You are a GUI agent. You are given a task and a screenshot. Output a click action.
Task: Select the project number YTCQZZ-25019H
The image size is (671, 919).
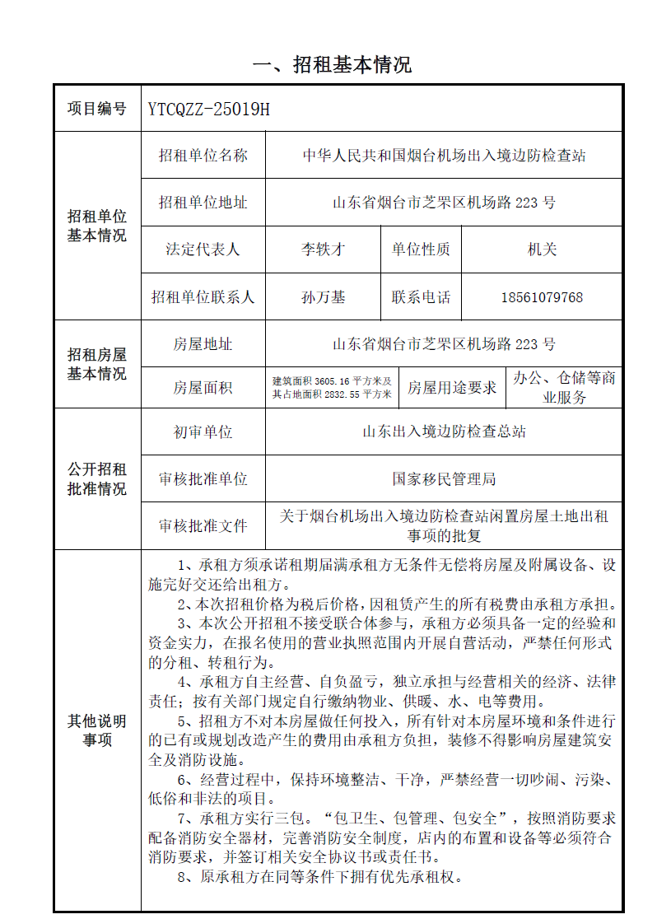[x=209, y=109]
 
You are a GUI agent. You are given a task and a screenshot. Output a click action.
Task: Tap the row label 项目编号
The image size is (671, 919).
[x=97, y=109]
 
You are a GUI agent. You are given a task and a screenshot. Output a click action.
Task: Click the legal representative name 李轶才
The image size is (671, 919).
[x=323, y=250]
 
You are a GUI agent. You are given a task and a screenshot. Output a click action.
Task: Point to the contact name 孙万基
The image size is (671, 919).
[x=323, y=297]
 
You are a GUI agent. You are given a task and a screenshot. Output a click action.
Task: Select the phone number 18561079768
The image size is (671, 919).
[x=541, y=297]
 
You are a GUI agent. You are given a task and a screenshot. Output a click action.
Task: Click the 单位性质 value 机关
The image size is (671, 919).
[x=541, y=250]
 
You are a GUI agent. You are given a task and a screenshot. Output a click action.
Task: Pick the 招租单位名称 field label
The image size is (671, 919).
[x=203, y=156]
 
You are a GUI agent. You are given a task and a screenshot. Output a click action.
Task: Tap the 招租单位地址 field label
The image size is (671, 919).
[x=203, y=203]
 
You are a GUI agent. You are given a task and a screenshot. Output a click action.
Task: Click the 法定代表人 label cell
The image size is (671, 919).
[x=203, y=250]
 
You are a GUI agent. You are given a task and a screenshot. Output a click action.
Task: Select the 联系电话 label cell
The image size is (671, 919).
[x=421, y=297]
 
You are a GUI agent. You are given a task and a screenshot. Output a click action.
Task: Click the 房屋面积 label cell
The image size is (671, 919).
[x=203, y=388]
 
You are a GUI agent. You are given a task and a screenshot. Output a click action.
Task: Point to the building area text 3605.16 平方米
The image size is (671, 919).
[x=333, y=381]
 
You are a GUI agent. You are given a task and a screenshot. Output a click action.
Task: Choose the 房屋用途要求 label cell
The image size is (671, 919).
[x=452, y=388]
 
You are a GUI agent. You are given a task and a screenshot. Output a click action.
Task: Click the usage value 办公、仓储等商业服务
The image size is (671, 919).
[x=564, y=388]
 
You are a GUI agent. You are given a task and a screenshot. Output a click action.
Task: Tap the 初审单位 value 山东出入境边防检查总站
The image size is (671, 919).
[x=444, y=432]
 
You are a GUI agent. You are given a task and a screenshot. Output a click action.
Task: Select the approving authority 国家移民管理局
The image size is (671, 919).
[x=444, y=478]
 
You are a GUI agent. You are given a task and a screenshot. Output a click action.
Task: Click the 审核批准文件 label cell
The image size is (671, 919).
[x=203, y=525]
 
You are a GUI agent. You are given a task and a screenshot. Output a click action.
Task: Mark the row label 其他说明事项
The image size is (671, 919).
[x=97, y=730]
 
